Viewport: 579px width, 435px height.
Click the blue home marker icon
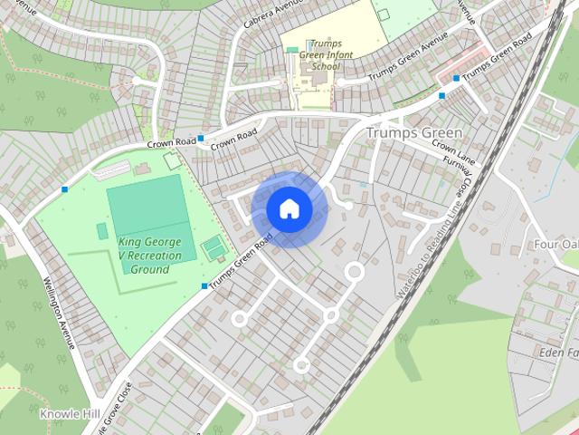289,209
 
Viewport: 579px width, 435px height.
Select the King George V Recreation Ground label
149,256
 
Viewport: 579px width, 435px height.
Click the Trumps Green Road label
241,262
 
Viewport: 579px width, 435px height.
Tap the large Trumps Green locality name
414,133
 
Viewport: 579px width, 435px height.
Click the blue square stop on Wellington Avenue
64,188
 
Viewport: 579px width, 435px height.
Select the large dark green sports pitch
148,208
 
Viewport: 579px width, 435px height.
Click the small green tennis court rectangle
214,246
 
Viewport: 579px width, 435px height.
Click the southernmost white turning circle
301,365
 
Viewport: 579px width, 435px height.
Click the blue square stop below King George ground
204,286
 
